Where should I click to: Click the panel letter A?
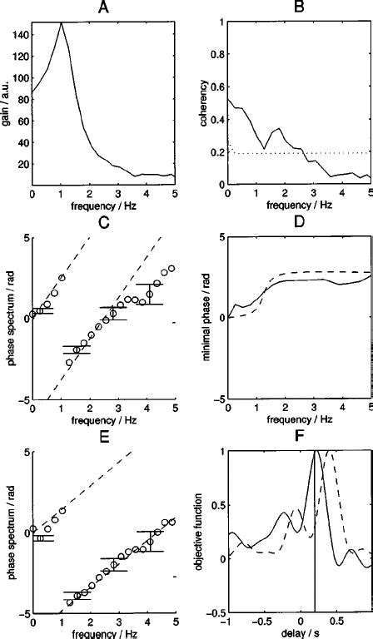(103, 8)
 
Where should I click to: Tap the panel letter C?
(103, 222)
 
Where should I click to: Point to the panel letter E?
(103, 436)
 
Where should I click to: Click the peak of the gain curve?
(84, 23)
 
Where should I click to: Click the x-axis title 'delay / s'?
(299, 633)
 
